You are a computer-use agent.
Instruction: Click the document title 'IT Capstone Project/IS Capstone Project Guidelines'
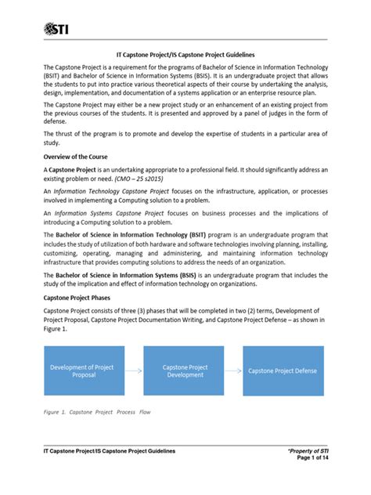tap(185, 56)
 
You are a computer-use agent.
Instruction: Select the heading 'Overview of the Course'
tap(79, 157)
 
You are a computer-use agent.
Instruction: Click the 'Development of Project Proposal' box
tap(81, 370)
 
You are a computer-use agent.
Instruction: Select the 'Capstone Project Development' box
tap(185, 370)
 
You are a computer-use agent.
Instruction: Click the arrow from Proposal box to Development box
tap(133, 370)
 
